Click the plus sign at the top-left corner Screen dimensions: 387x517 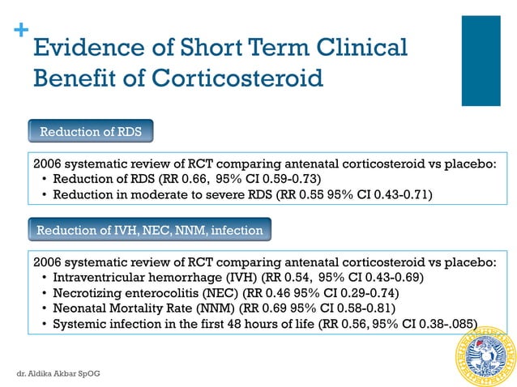coord(20,31)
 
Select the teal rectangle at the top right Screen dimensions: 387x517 coord(481,61)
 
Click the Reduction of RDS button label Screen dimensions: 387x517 coord(91,131)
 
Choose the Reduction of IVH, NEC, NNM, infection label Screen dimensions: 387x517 coord(150,231)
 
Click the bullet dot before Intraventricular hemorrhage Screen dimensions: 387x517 coord(44,278)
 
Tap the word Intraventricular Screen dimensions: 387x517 coord(100,278)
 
